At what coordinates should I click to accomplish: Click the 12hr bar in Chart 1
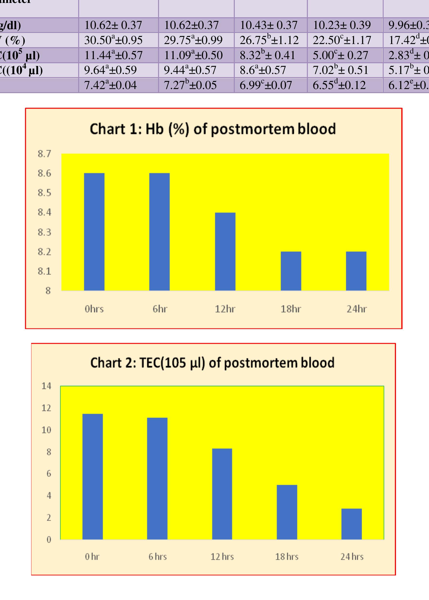click(225, 251)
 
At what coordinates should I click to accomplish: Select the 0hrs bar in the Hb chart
click(94, 232)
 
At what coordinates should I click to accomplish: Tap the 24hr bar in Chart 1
click(356, 271)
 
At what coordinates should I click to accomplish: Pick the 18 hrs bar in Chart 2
click(287, 512)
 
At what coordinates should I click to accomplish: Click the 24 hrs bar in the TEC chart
click(352, 524)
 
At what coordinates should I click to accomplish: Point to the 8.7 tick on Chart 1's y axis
click(44, 154)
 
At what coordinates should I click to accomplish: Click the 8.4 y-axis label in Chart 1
click(44, 212)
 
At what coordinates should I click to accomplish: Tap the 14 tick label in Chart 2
click(46, 386)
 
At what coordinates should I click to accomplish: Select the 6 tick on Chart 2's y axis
click(49, 474)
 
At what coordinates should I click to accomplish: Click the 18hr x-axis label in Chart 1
click(291, 309)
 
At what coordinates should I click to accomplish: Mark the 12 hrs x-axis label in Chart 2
click(222, 557)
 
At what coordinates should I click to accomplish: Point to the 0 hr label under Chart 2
click(92, 557)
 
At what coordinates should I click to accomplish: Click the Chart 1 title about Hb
click(213, 129)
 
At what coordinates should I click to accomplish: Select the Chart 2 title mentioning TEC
click(212, 363)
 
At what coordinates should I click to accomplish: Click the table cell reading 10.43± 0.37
click(269, 25)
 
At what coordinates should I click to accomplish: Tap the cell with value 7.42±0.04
click(110, 85)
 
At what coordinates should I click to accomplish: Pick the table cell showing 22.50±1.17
click(342, 40)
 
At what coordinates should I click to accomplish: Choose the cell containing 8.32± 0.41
click(267, 55)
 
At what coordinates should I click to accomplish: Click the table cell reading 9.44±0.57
click(190, 70)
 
